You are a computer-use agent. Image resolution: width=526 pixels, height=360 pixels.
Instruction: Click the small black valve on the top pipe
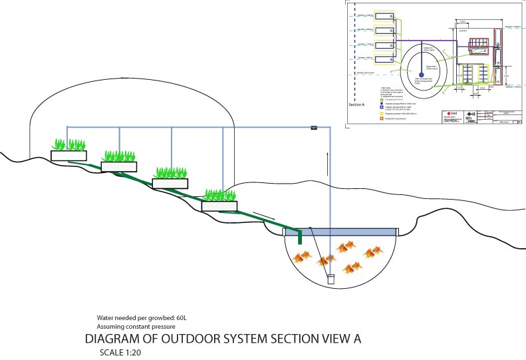point(315,127)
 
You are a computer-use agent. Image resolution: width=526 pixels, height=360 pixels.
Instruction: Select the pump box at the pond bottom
point(331,280)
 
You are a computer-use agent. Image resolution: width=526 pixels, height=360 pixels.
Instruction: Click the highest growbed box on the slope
point(68,156)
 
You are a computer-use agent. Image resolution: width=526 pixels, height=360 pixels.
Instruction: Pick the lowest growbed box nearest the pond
point(219,206)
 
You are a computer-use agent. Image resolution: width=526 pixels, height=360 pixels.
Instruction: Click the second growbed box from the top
point(118,166)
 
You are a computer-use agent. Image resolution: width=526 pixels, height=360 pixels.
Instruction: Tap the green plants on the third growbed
point(170,172)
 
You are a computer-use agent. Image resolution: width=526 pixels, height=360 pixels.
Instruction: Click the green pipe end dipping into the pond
point(301,237)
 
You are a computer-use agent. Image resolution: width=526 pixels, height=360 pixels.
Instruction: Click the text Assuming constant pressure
point(136,327)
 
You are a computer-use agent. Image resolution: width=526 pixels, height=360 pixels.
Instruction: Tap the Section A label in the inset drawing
point(357,105)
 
